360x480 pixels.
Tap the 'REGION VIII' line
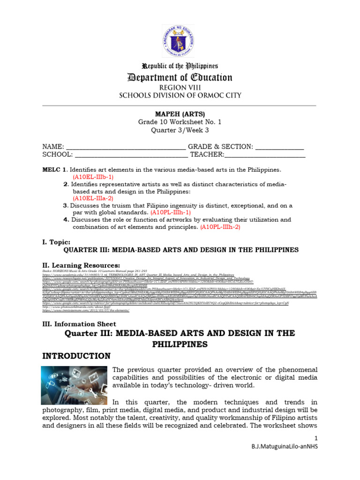180,87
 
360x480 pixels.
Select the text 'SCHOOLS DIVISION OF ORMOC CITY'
180,96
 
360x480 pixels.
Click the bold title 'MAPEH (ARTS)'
180,114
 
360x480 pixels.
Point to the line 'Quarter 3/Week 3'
180,130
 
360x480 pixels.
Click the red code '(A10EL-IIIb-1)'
93,177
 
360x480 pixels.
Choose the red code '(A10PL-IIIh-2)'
220,227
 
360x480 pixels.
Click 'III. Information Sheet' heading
79,323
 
